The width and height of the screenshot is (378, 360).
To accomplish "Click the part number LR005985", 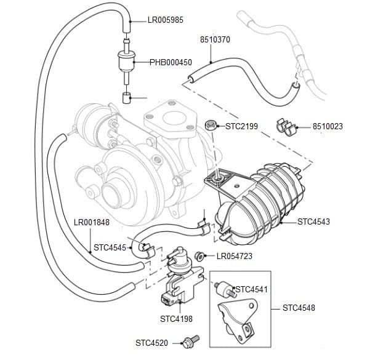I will click(166, 19).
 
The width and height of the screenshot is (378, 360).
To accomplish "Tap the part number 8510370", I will click(215, 39).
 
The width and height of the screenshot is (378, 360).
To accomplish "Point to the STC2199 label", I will click(241, 127).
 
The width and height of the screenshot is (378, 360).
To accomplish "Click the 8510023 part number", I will click(328, 127).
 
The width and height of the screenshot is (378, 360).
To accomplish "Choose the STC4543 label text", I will click(313, 221).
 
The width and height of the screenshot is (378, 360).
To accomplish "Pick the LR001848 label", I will click(91, 223).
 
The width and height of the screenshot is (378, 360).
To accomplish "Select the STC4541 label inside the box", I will click(251, 289).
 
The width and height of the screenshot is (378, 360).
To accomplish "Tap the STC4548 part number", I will click(299, 307).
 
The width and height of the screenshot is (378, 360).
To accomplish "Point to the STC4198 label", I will click(176, 319).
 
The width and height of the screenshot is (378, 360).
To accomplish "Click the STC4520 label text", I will click(151, 342).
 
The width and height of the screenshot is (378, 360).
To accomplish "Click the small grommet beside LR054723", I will click(199, 255).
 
